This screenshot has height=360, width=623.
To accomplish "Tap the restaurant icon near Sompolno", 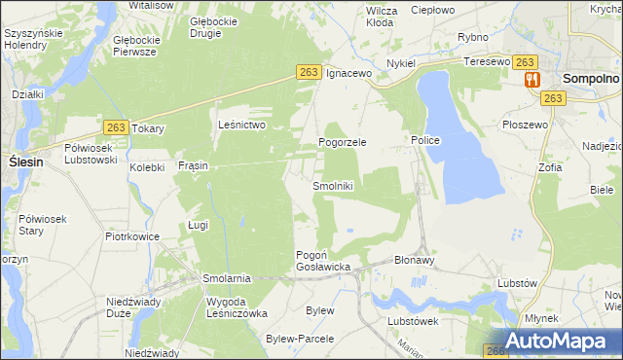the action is click(531, 80).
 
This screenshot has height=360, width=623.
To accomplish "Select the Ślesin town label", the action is click(24, 162).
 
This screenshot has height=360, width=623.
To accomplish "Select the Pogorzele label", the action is click(342, 142).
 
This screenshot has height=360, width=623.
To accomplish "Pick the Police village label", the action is click(425, 141).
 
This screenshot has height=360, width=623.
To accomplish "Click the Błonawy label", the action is click(414, 261).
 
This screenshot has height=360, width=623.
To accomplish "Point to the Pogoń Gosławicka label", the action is click(322, 261).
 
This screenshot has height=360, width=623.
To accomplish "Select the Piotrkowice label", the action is click(132, 235).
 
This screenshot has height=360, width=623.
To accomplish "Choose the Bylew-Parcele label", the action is click(299, 339).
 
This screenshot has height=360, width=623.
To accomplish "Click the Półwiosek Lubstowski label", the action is click(91, 154).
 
